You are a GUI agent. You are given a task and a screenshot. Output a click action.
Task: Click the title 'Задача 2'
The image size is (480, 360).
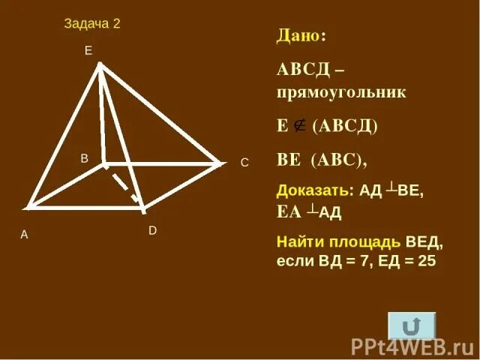click(92, 23)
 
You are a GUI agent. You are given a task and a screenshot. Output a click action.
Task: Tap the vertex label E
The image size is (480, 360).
click(88, 50)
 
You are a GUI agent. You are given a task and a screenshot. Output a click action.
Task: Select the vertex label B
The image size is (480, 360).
click(85, 158)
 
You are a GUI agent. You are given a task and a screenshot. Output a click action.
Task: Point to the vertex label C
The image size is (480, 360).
click(244, 162)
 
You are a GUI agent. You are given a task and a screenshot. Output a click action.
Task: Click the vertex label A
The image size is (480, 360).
click(24, 235)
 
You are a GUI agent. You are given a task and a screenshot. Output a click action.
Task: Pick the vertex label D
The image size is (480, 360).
click(152, 231)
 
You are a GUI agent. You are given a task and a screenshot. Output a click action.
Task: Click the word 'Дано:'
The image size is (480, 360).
click(301, 35)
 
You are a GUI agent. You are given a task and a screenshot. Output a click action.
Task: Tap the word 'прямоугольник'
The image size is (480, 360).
click(341, 93)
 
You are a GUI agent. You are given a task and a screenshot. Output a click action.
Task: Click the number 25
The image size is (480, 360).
click(427, 262)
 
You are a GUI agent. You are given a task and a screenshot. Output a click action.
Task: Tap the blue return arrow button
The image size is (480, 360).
click(411, 325)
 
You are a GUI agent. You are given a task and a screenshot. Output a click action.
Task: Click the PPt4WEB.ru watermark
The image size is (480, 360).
click(412, 346)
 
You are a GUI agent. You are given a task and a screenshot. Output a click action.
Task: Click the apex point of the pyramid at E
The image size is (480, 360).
click(99, 64)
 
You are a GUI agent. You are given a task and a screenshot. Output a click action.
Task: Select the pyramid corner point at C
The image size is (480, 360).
click(221, 163)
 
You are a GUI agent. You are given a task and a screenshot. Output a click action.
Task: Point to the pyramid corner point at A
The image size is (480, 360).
click(28, 206)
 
